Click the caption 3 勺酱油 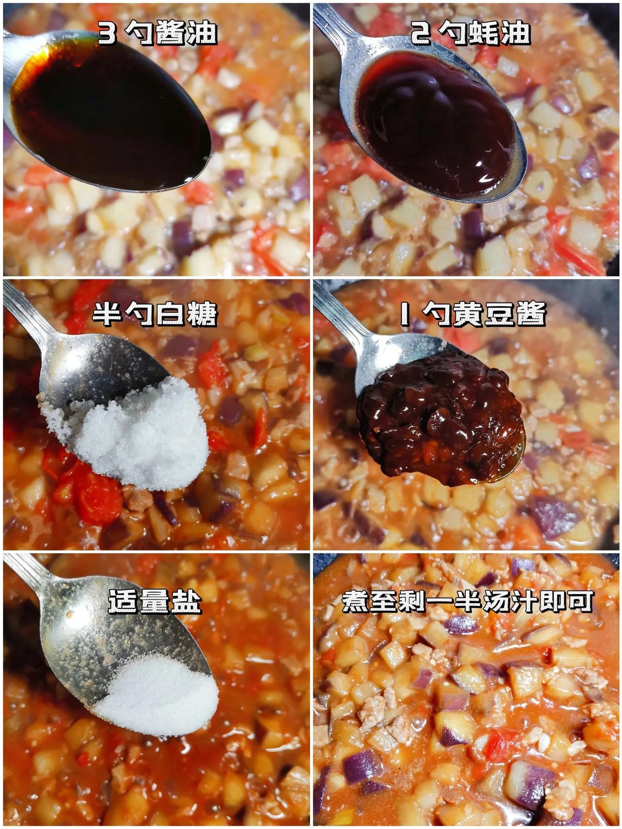click(157, 34)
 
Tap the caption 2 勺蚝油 click(470, 34)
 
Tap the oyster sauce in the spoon click(437, 124)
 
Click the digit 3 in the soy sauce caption click(107, 35)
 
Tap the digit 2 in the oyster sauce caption click(419, 35)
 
